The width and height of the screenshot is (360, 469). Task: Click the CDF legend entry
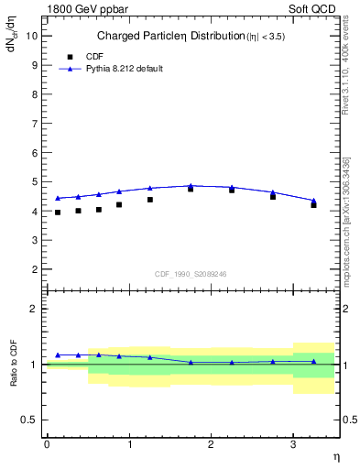[82, 56]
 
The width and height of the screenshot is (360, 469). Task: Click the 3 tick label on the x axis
[293, 444]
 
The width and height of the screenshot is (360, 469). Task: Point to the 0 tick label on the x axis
[47, 444]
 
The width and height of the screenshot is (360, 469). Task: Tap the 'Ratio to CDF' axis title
[14, 364]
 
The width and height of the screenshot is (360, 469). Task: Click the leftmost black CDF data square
[58, 213]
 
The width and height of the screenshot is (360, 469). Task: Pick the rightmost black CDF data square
[313, 204]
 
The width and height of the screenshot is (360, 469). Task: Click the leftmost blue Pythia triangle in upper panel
[58, 198]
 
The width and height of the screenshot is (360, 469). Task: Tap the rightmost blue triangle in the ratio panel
[313, 361]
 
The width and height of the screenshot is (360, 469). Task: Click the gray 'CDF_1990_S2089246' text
[191, 273]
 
